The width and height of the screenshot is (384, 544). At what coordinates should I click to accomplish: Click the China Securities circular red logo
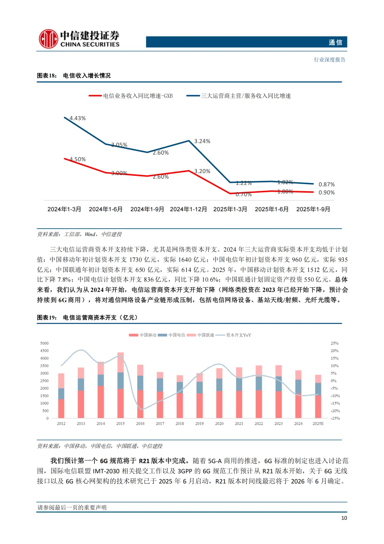pos(48,39)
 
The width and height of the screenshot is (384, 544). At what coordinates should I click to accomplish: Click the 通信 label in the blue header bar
pos(335,42)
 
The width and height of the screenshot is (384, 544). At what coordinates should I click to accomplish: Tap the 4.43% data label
pos(78,118)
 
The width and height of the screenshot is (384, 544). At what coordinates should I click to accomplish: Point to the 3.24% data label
pos(202,141)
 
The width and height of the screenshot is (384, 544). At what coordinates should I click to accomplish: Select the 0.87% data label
pos(326,184)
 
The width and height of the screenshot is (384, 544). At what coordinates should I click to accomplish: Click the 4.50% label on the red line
pos(78,159)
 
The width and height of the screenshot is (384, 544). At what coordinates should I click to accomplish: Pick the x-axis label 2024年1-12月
pos(188,209)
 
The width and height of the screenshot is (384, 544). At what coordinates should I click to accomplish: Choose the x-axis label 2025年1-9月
pos(313,209)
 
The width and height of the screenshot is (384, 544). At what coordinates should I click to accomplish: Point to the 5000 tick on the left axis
pos(44,343)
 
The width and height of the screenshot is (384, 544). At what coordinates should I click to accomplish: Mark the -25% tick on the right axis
pos(335,418)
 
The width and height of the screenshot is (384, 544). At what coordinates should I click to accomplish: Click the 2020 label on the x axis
pos(219,424)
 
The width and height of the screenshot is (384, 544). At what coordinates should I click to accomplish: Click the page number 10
pos(344,518)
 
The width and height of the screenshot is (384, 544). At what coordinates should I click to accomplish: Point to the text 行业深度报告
pos(330,60)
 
